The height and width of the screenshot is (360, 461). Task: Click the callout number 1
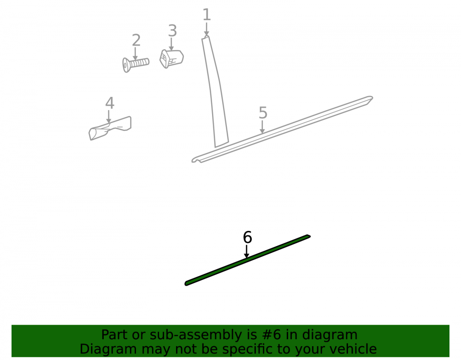click(207, 15)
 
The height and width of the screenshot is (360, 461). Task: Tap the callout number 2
click(136, 40)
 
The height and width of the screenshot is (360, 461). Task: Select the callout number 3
click(172, 31)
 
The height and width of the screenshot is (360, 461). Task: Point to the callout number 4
click(110, 103)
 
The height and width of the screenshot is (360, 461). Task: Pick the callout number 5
click(263, 113)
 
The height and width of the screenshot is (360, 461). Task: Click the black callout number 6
click(248, 237)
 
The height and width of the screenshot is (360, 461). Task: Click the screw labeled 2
click(136, 64)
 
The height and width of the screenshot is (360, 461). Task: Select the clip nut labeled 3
click(171, 59)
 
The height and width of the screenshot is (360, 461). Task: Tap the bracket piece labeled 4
click(110, 129)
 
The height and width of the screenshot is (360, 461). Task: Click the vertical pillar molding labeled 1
click(215, 91)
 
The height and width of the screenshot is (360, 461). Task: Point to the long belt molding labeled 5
click(282, 130)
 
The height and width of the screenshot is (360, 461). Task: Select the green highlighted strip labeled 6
click(248, 260)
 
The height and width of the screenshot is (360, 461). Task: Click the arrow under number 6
click(247, 252)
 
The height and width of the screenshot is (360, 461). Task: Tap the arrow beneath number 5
click(262, 127)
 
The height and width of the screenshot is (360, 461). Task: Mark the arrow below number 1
click(207, 30)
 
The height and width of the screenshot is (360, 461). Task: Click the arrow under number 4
click(109, 117)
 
